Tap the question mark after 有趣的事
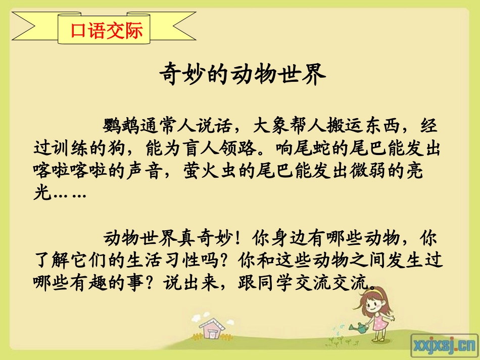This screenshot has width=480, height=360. point(151,284)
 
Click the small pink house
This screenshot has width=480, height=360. point(216,328)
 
